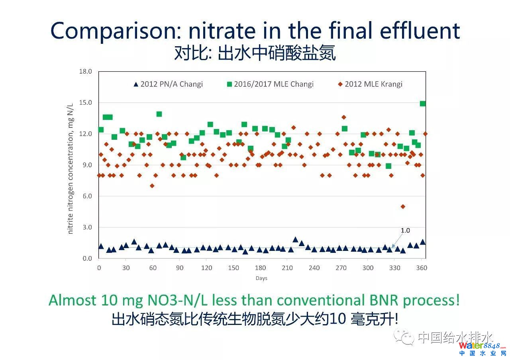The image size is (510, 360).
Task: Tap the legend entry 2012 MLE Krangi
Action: (x=370, y=84)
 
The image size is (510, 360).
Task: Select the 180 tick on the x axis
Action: (x=260, y=268)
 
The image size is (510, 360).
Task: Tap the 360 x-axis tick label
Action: (x=422, y=268)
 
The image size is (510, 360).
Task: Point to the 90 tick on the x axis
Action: (x=179, y=268)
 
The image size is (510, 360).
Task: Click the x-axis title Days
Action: (x=261, y=278)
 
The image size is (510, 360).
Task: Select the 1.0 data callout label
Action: (x=405, y=231)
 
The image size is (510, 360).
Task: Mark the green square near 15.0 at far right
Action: (x=423, y=104)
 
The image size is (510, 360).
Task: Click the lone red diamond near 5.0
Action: (x=403, y=206)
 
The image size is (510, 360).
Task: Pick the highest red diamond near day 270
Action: (x=343, y=117)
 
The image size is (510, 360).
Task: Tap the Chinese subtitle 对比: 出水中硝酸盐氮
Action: (x=255, y=53)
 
